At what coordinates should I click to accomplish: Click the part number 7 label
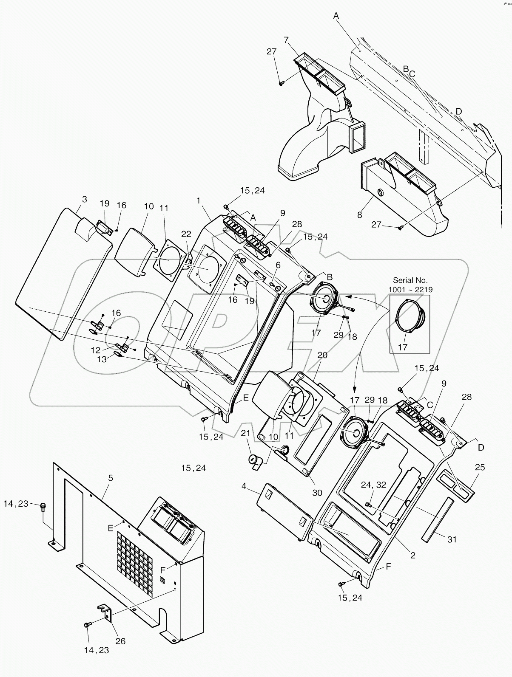tap(286, 40)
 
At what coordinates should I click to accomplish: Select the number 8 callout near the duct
tap(360, 214)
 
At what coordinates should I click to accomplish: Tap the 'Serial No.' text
tap(410, 280)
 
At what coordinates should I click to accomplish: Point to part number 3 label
tap(85, 199)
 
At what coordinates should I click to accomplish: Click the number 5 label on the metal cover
tap(111, 478)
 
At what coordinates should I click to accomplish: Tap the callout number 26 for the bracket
tap(121, 641)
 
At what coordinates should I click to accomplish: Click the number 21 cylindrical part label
tap(246, 433)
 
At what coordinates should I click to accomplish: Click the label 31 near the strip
tap(452, 539)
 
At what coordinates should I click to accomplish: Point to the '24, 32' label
tap(373, 485)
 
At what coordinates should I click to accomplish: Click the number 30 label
tap(318, 493)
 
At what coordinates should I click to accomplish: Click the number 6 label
tap(278, 265)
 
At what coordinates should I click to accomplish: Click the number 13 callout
tap(102, 359)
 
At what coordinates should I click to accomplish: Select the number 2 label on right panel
tap(412, 555)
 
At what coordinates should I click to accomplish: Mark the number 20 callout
tap(323, 355)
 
